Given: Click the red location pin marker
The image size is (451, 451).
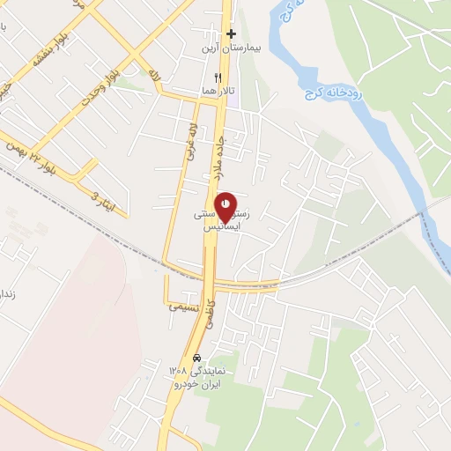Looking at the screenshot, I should coord(226,205).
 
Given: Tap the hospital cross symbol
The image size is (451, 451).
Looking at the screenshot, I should coord(231,34).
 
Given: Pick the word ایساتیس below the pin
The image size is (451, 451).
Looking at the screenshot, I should coord(223,226).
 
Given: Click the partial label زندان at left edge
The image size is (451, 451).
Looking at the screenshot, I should coord(5,292).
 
